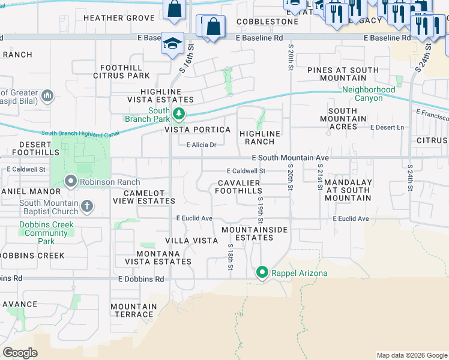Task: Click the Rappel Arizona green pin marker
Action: click(x=262, y=273)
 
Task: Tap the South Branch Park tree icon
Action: click(x=178, y=113)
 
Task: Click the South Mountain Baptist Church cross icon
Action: click(x=87, y=207)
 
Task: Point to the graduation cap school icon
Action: click(x=172, y=44)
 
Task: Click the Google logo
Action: click(x=20, y=353)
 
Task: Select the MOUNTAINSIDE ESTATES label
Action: click(x=255, y=233)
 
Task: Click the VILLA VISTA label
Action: click(x=191, y=240)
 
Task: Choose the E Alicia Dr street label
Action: click(x=201, y=145)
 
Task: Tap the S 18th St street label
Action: click(x=231, y=255)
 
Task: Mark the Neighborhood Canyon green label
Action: click(x=369, y=94)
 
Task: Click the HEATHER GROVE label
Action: click(x=119, y=18)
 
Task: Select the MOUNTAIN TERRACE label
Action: click(x=133, y=310)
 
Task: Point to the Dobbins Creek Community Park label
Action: click(x=46, y=233)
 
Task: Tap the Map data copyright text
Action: click(x=411, y=355)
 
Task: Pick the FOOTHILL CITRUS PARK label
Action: click(x=121, y=71)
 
